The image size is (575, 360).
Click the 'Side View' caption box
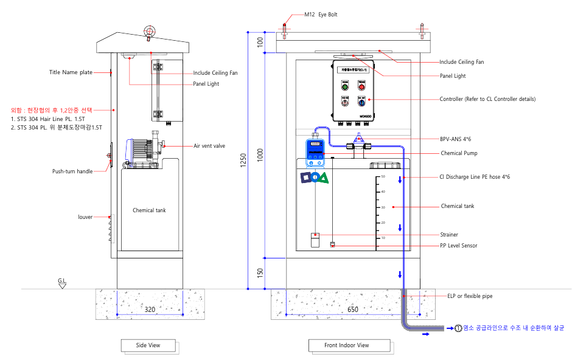149,345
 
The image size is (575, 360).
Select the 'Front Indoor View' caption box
346,345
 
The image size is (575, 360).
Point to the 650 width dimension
352,310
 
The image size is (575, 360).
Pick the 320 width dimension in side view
149,310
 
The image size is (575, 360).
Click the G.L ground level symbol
62,282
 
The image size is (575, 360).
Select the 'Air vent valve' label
209,146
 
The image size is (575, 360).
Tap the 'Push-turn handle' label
72,171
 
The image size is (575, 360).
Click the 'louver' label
85,216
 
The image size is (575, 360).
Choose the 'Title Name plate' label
71,72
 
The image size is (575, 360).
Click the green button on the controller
344,86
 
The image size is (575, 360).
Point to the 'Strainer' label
449,235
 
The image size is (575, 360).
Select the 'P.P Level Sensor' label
458,246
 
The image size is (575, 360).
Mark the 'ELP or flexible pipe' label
470,296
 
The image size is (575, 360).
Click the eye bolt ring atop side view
148,31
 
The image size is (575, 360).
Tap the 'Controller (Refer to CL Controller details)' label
487,99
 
